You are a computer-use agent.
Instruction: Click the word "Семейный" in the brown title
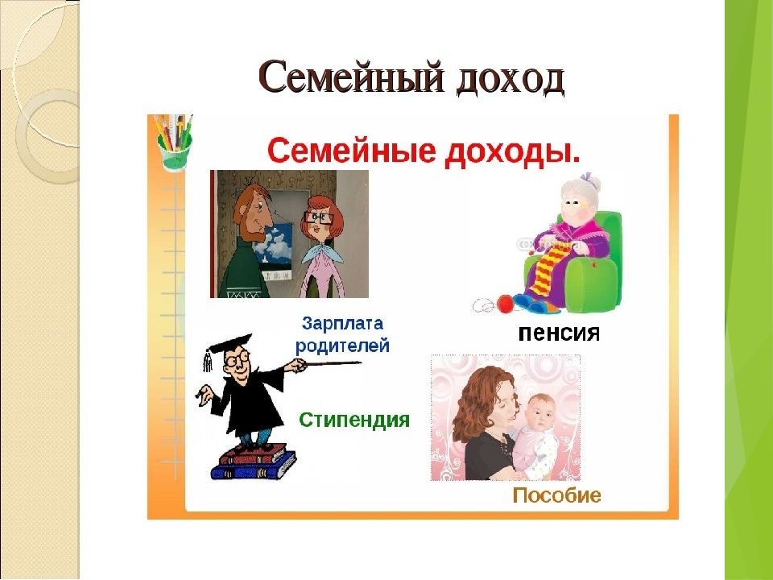351,77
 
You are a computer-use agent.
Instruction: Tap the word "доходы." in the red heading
512,152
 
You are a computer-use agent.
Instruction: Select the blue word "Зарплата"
342,324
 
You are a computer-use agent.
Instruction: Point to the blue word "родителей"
342,346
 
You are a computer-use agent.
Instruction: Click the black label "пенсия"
559,333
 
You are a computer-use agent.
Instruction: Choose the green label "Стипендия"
354,420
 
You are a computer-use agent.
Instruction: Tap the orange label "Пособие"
556,495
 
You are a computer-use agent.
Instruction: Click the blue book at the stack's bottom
253,466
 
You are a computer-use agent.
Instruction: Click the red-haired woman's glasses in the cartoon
316,217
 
